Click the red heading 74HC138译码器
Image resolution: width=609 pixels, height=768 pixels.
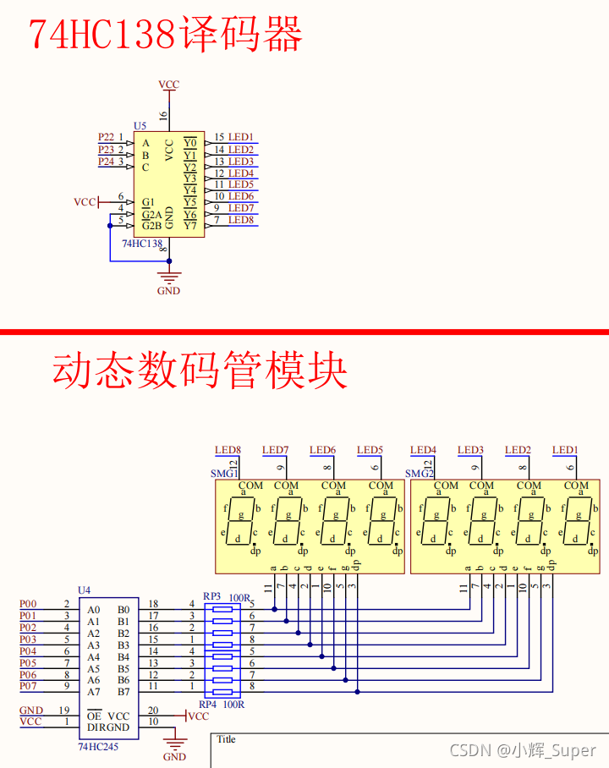[166, 35]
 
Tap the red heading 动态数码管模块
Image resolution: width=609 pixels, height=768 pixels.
[200, 370]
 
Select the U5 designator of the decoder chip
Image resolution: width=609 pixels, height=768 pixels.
[140, 125]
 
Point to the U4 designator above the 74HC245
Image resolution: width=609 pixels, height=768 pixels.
[84, 590]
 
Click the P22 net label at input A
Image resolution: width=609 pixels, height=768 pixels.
[106, 137]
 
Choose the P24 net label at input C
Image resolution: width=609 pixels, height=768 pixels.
[106, 161]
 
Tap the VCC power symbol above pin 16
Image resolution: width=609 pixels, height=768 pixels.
[169, 85]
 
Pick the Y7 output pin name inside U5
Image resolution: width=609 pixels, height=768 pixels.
[189, 225]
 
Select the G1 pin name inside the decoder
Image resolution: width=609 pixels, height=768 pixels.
[148, 202]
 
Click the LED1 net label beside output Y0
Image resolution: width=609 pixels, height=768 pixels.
[241, 137]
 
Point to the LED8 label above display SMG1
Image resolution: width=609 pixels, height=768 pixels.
[228, 450]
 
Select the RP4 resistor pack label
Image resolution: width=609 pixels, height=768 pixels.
[207, 704]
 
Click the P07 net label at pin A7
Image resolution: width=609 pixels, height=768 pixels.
[28, 686]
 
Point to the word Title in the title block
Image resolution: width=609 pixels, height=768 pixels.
[227, 739]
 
